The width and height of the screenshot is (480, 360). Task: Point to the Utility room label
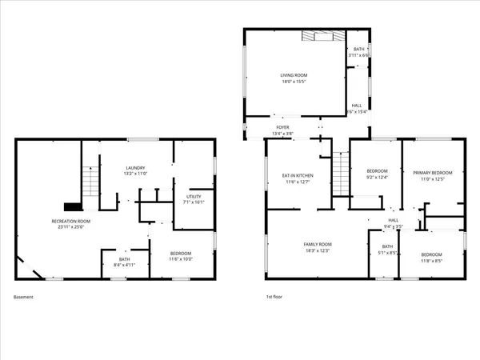[x=194, y=196]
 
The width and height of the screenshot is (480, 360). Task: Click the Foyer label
[x=282, y=127]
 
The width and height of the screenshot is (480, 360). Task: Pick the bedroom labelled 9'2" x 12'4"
[x=377, y=178]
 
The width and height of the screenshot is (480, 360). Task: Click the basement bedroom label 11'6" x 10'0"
[x=181, y=258]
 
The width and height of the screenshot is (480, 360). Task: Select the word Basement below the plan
[x=23, y=297]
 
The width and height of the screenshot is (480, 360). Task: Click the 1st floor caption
[x=274, y=297]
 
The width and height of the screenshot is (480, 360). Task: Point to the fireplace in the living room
[x=323, y=36]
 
